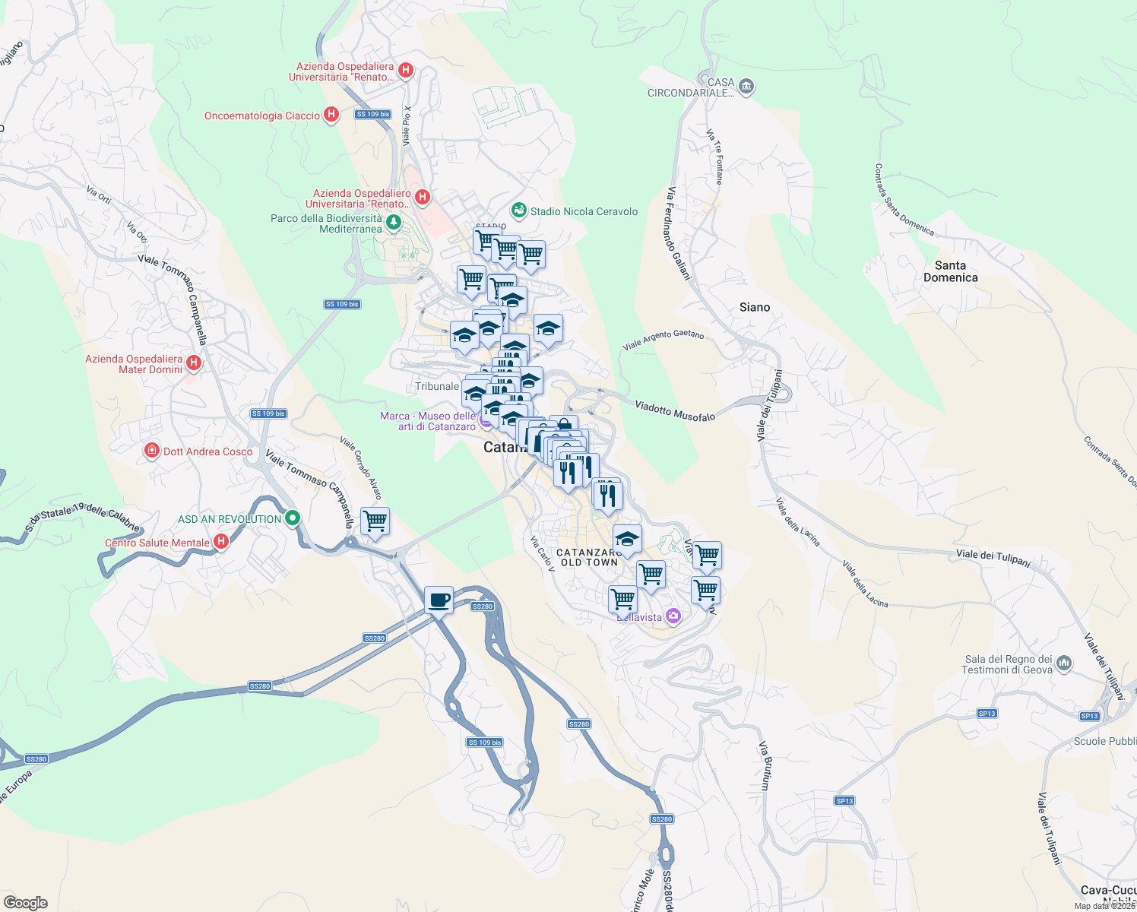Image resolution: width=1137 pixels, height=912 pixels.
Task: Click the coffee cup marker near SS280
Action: pyautogui.click(x=439, y=600)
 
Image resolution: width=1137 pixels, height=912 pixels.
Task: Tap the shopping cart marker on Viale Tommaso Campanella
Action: pyautogui.click(x=375, y=522)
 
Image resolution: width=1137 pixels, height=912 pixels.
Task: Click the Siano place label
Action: pyautogui.click(x=755, y=307)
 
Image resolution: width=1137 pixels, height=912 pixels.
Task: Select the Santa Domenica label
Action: pyautogui.click(x=950, y=271)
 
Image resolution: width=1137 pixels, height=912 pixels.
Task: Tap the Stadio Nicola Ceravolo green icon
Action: pyautogui.click(x=519, y=210)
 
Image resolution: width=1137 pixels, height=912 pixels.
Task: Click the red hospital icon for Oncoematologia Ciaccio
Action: pyautogui.click(x=331, y=115)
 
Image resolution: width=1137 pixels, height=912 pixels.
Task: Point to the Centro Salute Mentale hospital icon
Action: pyautogui.click(x=221, y=542)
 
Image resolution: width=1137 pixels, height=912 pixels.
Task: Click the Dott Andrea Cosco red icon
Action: pyautogui.click(x=152, y=451)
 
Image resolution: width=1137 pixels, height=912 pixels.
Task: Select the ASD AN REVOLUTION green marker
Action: pyautogui.click(x=293, y=519)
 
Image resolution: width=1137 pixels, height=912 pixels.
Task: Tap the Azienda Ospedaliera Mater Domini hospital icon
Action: pyautogui.click(x=194, y=363)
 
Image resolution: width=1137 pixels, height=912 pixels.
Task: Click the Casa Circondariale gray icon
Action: pyautogui.click(x=746, y=86)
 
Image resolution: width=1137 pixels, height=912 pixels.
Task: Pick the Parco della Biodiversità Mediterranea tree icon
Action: pyautogui.click(x=393, y=222)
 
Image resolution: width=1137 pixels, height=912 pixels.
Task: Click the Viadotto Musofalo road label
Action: pyautogui.click(x=675, y=412)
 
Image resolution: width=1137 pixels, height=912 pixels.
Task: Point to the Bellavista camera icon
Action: pyautogui.click(x=673, y=616)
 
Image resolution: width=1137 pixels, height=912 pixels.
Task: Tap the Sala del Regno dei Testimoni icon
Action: pyautogui.click(x=1064, y=663)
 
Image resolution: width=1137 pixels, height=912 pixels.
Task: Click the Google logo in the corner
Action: pyautogui.click(x=26, y=902)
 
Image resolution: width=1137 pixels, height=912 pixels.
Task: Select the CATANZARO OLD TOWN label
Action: pyautogui.click(x=589, y=558)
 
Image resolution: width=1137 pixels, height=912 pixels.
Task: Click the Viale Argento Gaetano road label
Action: pyautogui.click(x=664, y=340)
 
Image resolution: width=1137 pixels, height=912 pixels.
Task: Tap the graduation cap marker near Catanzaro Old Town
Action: pyautogui.click(x=626, y=539)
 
